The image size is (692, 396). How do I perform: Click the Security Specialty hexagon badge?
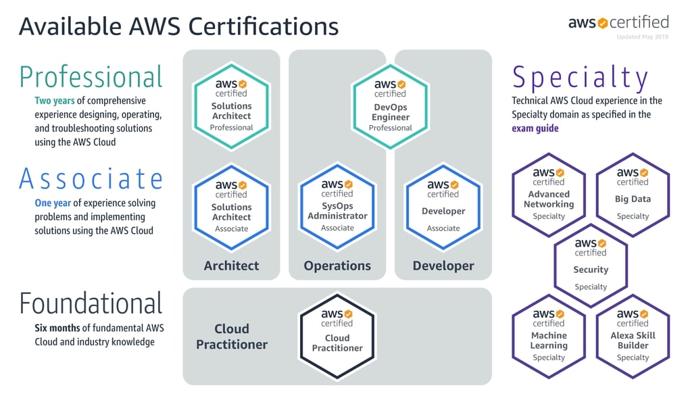pyautogui.click(x=591, y=261)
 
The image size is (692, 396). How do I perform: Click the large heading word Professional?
pyautogui.click(x=91, y=77)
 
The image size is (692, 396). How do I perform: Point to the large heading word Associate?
pyautogui.click(x=91, y=179)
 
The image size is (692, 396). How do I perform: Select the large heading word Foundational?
pyautogui.click(x=91, y=304)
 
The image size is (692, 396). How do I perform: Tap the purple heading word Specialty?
pyautogui.click(x=580, y=78)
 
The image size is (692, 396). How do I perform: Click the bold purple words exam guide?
pyautogui.click(x=535, y=128)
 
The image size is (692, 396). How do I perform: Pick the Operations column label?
pyautogui.click(x=337, y=266)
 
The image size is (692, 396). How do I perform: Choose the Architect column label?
pyautogui.click(x=232, y=266)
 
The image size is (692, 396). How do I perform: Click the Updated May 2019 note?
pyautogui.click(x=642, y=36)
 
